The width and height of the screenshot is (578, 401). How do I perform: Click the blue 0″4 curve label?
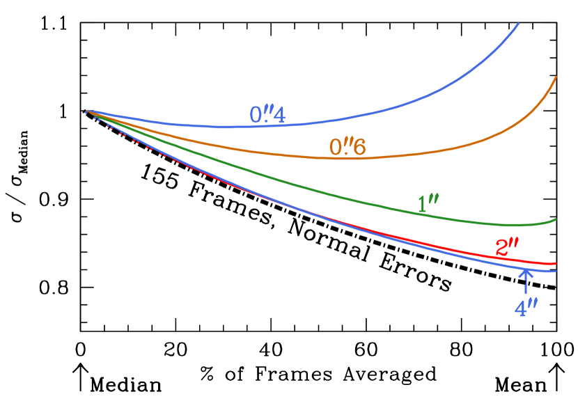click(267, 115)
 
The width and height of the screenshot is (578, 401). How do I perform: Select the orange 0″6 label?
click(347, 147)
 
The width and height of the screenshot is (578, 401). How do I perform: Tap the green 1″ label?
click(428, 204)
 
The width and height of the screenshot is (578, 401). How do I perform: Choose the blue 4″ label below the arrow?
click(526, 308)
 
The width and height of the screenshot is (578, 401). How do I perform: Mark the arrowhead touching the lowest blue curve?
click(526, 272)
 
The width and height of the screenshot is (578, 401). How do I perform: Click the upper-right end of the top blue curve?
click(519, 24)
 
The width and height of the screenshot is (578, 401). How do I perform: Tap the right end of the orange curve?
click(556, 77)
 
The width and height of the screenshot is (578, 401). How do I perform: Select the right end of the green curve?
click(556, 219)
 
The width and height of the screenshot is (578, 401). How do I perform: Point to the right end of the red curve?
click(556, 264)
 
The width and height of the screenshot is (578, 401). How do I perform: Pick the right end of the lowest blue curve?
click(556, 272)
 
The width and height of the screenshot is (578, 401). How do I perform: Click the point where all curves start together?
click(86, 111)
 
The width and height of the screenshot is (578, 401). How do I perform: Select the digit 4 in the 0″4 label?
click(279, 116)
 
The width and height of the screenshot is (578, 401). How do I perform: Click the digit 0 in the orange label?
click(336, 148)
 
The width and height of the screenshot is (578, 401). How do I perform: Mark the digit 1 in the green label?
click(422, 205)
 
